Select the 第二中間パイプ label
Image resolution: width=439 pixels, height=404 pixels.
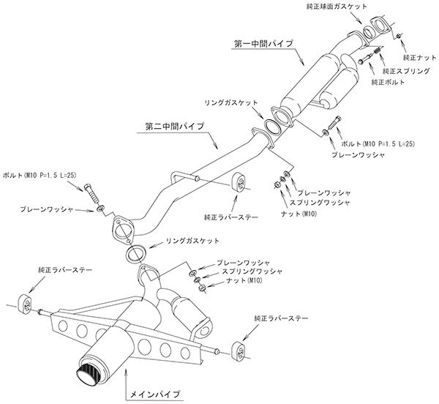click(170, 126)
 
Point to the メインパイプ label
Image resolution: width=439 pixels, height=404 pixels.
click(150, 394)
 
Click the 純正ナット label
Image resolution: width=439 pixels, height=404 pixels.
click(419, 56)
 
